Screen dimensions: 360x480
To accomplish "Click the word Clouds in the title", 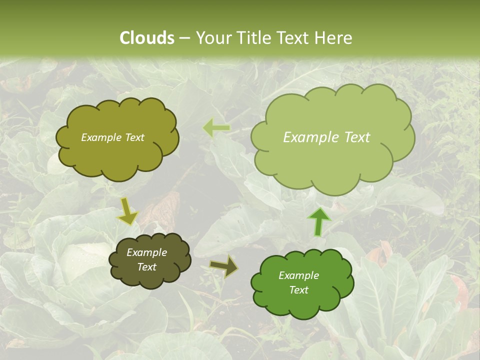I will tap(147, 38).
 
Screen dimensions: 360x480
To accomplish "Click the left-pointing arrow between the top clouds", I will tap(216, 128).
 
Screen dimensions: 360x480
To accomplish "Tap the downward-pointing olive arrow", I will tap(127, 211).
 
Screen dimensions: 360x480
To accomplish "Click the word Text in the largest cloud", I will tap(357, 137).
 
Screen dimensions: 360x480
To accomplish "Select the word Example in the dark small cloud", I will tap(146, 252).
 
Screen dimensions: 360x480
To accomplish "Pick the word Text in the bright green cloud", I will tap(298, 290).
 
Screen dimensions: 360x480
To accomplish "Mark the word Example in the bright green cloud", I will tap(298, 275).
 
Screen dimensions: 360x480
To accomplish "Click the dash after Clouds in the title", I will tap(184, 38).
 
